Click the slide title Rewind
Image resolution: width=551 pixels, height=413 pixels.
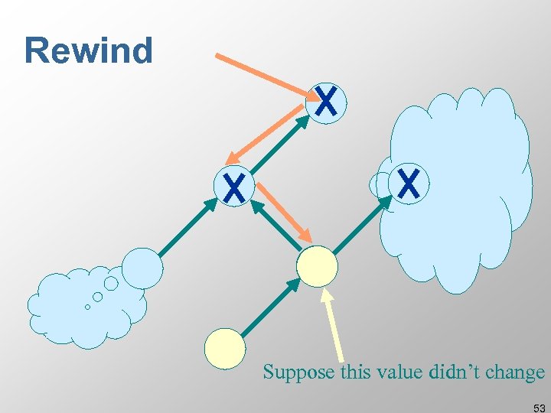click(x=89, y=50)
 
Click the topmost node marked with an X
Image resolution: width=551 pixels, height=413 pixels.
click(x=326, y=102)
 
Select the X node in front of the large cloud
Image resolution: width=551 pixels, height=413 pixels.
click(x=409, y=184)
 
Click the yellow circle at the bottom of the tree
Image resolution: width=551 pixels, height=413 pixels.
click(x=225, y=348)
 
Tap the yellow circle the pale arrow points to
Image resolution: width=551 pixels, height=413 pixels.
click(x=317, y=266)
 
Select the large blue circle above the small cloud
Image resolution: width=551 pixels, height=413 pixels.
click(x=142, y=268)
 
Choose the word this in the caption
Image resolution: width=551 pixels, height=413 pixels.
click(x=347, y=372)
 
